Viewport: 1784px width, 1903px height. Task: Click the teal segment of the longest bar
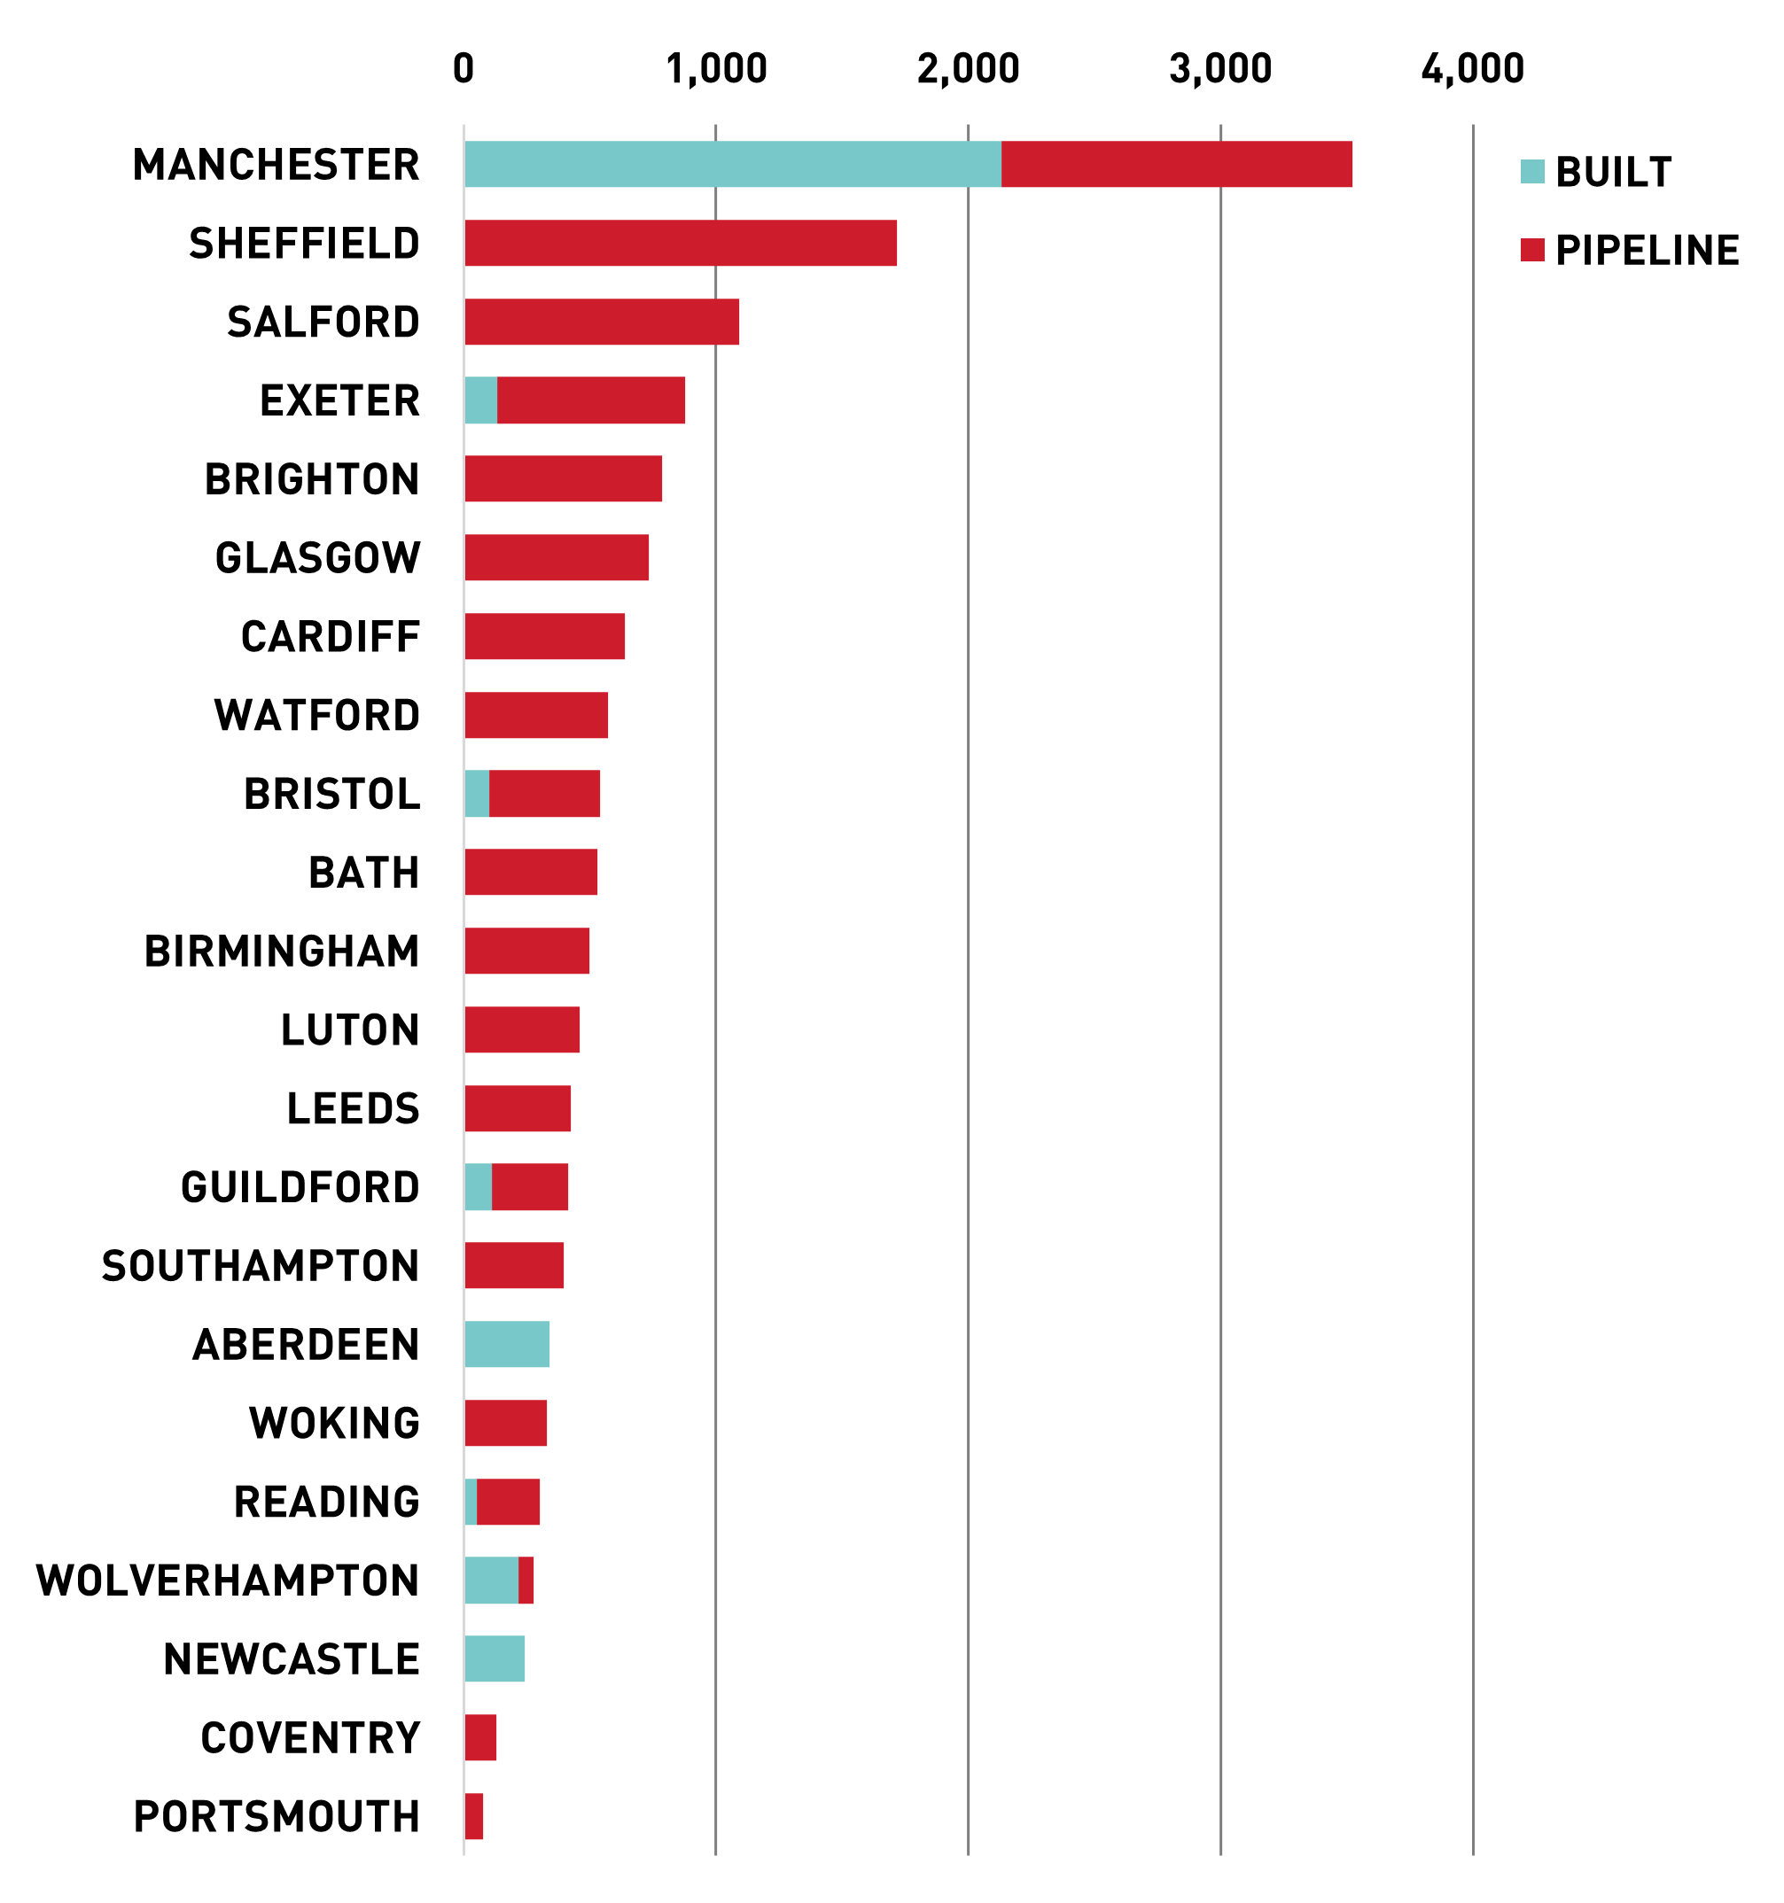(x=733, y=165)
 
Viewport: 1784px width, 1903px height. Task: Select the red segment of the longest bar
(x=1177, y=165)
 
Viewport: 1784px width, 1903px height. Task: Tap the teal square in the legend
(x=1532, y=171)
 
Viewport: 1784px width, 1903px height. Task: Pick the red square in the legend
(x=1532, y=250)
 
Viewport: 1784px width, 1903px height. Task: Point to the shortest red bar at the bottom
(x=474, y=1816)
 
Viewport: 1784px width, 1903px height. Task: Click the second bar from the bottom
(x=480, y=1737)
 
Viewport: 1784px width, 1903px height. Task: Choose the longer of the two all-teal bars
(x=508, y=1344)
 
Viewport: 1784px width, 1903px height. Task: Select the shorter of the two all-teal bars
(x=495, y=1658)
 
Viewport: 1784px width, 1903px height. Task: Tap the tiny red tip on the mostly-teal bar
(x=526, y=1581)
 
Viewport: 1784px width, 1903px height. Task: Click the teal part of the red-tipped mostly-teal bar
(x=491, y=1581)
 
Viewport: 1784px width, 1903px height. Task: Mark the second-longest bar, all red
(x=681, y=243)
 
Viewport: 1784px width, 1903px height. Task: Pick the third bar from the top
(x=603, y=322)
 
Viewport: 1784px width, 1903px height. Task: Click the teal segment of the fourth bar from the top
(x=480, y=400)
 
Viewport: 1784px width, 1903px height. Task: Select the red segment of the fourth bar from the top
(x=591, y=400)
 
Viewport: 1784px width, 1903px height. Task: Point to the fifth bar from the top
(x=563, y=478)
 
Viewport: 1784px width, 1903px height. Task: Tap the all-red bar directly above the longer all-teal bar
(x=514, y=1265)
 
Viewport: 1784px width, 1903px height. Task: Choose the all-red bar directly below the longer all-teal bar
(x=506, y=1423)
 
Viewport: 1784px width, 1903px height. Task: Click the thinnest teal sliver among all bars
(x=471, y=1502)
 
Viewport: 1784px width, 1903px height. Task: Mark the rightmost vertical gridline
(x=1473, y=957)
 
